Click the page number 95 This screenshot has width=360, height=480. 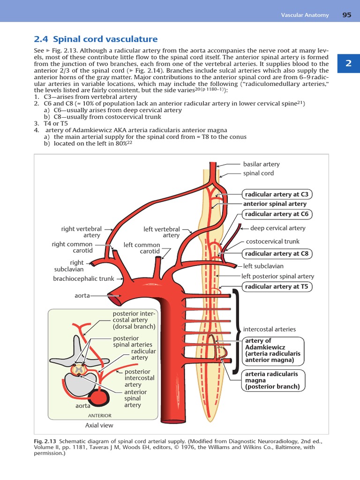(x=347, y=15)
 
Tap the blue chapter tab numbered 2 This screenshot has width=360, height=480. (x=348, y=63)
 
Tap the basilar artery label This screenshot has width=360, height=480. (x=261, y=164)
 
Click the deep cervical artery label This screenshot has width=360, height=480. (x=277, y=228)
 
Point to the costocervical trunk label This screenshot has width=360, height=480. (x=273, y=241)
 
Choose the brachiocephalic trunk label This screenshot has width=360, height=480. (x=83, y=278)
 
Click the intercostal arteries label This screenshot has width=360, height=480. (x=269, y=329)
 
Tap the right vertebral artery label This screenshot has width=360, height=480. (x=82, y=232)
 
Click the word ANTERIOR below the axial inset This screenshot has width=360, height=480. (x=100, y=415)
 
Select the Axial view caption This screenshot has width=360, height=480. (x=99, y=426)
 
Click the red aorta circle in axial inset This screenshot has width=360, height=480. (x=100, y=397)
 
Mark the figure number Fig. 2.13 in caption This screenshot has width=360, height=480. (x=44, y=442)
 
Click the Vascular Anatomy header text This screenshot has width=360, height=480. (x=304, y=15)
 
